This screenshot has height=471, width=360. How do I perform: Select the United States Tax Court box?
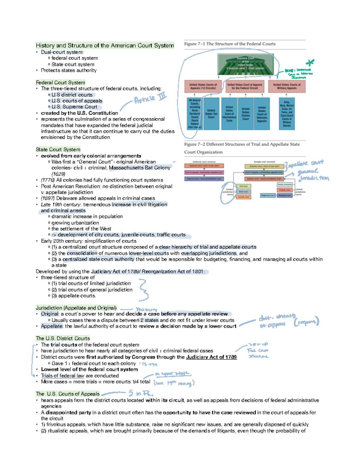(211, 114)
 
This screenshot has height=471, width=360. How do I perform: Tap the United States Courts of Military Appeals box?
(286, 86)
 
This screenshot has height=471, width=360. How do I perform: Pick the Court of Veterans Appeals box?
(262, 114)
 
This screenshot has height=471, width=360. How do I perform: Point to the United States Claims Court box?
(245, 114)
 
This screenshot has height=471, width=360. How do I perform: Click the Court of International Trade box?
(229, 114)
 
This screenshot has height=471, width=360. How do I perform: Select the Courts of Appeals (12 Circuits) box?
(203, 86)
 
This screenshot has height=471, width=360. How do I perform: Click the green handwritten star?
(310, 63)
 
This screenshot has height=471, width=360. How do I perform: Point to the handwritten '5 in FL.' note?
(141, 393)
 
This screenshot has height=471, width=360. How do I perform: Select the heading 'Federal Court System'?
(60, 82)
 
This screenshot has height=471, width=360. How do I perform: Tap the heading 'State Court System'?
(58, 149)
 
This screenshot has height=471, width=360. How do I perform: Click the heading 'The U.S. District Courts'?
(63, 338)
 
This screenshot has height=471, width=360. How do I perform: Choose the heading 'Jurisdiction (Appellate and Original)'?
(76, 308)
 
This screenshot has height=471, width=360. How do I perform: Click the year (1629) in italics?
(58, 174)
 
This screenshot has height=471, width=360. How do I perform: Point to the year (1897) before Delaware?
(48, 198)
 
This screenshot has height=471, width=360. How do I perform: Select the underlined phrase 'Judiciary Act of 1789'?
(211, 357)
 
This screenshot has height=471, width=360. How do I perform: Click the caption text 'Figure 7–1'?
(194, 44)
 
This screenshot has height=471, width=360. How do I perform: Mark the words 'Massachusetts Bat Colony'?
(139, 168)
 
